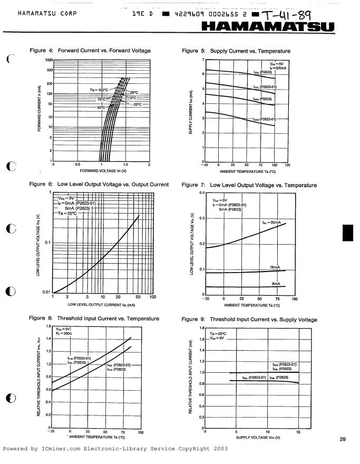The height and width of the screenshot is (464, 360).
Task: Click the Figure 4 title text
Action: (90, 51)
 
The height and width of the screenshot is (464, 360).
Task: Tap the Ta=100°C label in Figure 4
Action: (99, 90)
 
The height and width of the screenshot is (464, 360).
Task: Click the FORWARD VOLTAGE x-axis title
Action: (103, 171)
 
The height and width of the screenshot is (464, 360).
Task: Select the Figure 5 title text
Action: (236, 51)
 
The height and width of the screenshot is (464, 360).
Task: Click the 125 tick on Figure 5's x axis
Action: (287, 165)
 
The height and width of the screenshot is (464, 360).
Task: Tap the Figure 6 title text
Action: (99, 185)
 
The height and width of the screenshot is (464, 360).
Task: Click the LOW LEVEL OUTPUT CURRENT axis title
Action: (102, 305)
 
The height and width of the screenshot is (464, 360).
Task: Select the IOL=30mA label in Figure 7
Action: (272, 223)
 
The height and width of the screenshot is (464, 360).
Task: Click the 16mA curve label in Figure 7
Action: (275, 267)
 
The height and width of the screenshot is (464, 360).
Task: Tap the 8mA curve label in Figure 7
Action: (276, 284)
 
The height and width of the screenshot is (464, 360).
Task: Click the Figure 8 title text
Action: (94, 318)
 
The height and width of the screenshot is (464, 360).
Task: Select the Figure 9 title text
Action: (249, 320)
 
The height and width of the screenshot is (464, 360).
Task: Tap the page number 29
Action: (343, 439)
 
